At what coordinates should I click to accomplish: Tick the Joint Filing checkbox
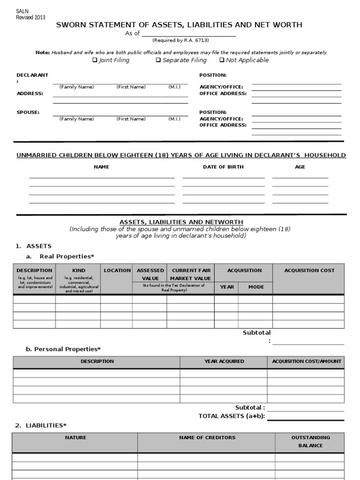pos(95,60)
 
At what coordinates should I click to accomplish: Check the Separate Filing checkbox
pos(158,60)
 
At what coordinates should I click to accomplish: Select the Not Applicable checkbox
pos(222,60)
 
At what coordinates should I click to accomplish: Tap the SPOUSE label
pos(28,112)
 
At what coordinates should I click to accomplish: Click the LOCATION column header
pos(117,270)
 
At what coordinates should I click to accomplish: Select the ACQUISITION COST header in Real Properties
pos(309,270)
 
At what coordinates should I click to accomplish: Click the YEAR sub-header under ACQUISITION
pos(227,287)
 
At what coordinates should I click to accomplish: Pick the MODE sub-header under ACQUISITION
pos(256,287)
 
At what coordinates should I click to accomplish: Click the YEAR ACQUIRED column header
pos(224,361)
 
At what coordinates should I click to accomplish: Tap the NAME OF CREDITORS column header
pos(207,437)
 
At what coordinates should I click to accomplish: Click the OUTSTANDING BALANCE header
pos(310,441)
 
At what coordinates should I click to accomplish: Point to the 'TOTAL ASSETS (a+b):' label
pos(232,416)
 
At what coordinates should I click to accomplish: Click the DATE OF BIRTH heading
pos(223,167)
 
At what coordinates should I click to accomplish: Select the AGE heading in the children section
pos(300,167)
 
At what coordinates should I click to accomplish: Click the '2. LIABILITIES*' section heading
pos(41,425)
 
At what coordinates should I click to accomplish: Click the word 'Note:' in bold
pos(42,52)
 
